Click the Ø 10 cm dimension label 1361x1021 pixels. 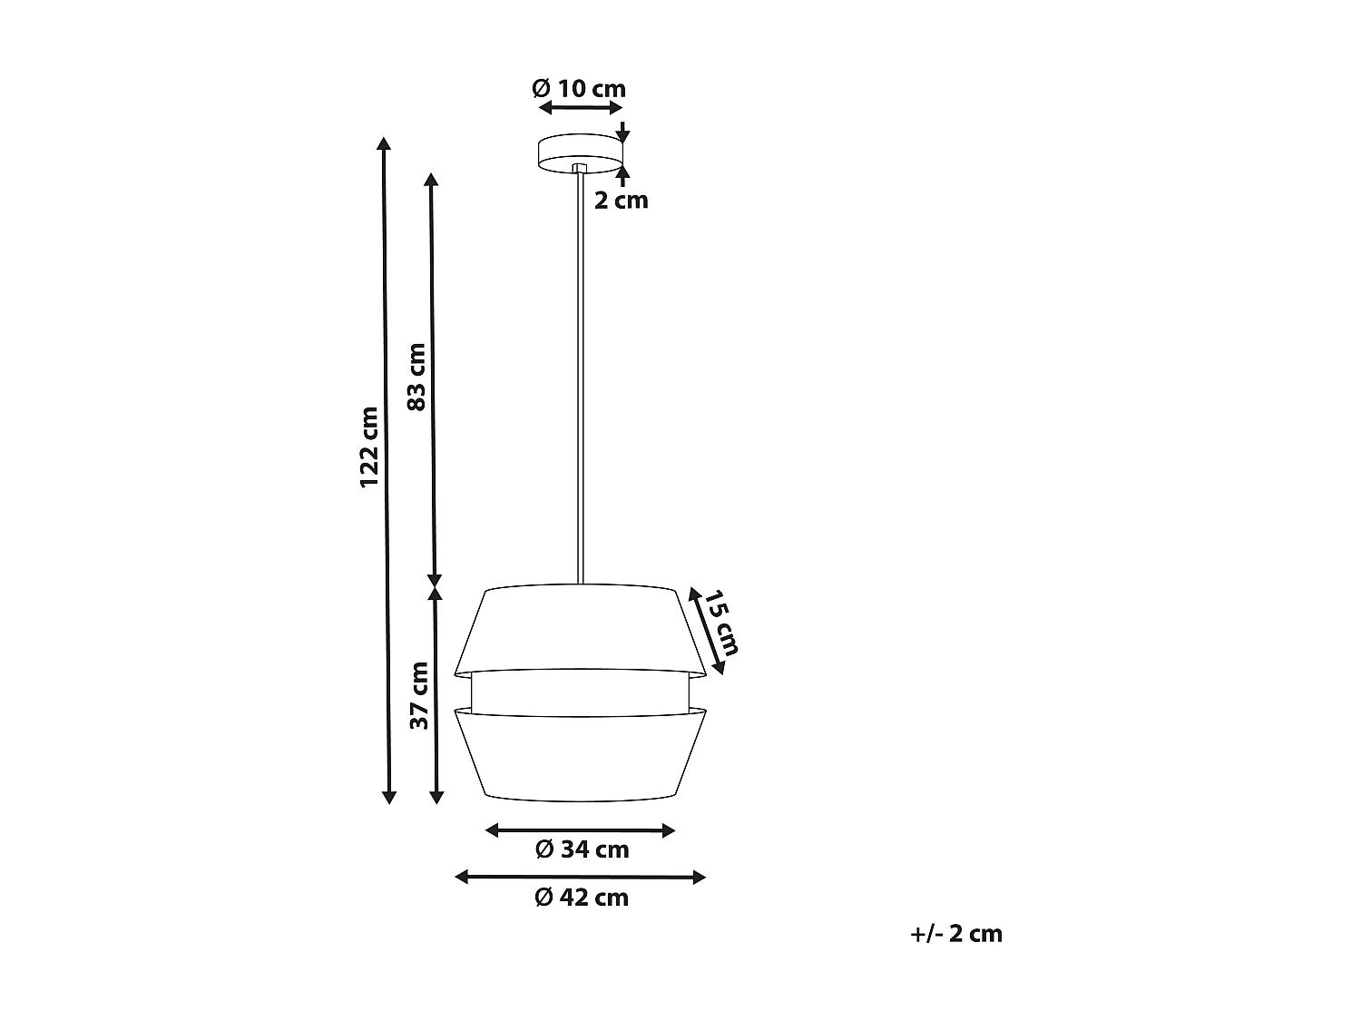(x=579, y=89)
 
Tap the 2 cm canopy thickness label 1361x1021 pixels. (x=622, y=200)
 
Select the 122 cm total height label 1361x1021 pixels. (x=368, y=447)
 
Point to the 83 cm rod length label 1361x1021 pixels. (x=416, y=377)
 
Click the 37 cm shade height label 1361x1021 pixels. (x=418, y=695)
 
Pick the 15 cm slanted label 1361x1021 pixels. (x=721, y=623)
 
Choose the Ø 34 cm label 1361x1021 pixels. (x=582, y=849)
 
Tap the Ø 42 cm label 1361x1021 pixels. (x=582, y=898)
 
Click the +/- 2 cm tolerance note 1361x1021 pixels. (x=956, y=934)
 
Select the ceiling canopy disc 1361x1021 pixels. (x=580, y=153)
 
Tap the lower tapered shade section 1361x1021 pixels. (x=580, y=753)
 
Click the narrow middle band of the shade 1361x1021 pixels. (x=580, y=692)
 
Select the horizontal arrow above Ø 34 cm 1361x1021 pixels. (x=581, y=830)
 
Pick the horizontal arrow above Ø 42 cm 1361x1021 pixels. (x=581, y=877)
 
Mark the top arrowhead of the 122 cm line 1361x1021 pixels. (x=385, y=144)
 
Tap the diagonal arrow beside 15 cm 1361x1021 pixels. (x=706, y=632)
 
